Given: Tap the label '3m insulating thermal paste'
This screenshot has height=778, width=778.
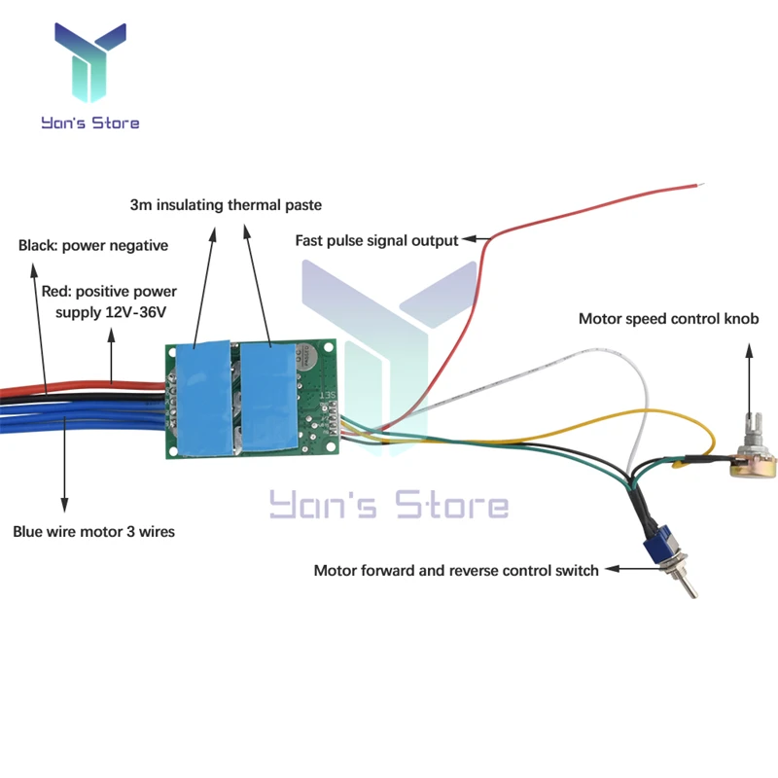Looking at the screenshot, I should point(225,205).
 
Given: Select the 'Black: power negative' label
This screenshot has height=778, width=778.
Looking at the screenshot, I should point(93,245).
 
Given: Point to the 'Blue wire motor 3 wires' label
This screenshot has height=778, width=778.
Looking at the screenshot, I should point(93,532).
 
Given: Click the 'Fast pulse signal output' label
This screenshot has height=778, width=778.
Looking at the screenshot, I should point(376,239).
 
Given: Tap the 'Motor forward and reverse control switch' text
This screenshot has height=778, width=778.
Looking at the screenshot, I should point(455,570).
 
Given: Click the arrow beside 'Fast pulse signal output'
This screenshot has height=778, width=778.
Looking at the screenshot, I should point(475,239).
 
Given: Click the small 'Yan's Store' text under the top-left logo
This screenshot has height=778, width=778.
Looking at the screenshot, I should point(89,124).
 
